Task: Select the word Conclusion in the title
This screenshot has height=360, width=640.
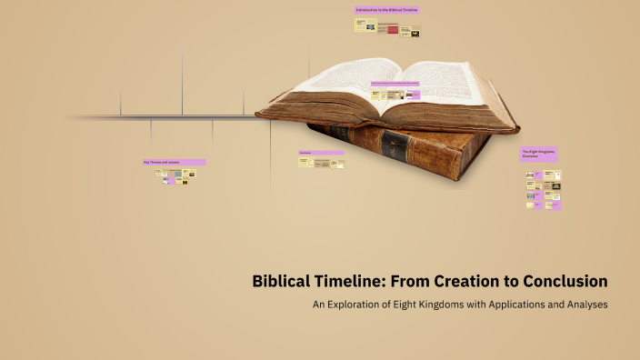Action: point(565,281)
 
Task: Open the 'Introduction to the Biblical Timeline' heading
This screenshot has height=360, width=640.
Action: point(386,10)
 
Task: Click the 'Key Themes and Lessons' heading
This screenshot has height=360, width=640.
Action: point(174,162)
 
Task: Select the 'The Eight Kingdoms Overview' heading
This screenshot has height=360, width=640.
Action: point(537,153)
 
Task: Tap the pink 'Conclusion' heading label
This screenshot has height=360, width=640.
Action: point(321,152)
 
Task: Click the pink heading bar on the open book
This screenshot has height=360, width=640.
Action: point(394,84)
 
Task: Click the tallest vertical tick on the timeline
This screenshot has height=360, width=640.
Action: point(182,82)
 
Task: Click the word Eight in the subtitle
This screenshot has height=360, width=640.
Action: point(409,305)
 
